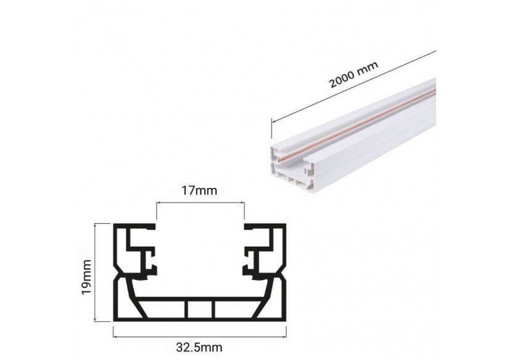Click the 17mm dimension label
tap(200, 190)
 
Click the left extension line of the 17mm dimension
tap(156, 213)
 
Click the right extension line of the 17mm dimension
tap(244, 213)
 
